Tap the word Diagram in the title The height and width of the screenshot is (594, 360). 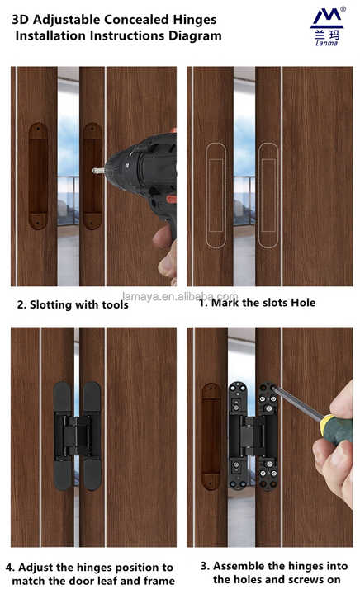coord(191,35)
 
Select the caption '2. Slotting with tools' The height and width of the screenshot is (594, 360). coord(73,304)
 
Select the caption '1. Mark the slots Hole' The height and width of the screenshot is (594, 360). coord(257,303)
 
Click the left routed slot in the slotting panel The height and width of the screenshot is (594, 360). coord(38,176)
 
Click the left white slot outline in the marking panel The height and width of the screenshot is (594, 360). coord(215,195)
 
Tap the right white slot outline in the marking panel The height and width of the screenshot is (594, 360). coord(268,195)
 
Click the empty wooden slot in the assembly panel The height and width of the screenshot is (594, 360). coord(212,436)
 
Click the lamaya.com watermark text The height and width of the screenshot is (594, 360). coord(179,296)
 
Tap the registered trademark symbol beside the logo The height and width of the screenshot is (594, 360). coord(343,8)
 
